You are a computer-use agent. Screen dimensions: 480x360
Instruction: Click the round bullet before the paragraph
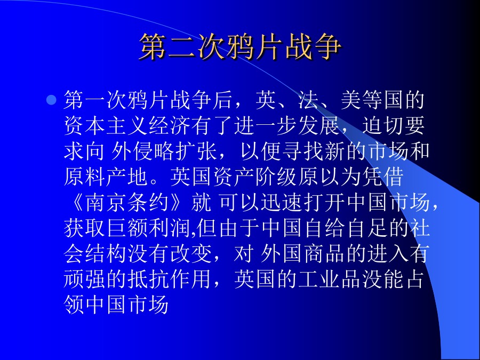(x=51, y=100)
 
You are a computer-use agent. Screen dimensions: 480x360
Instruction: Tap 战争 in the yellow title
(x=313, y=47)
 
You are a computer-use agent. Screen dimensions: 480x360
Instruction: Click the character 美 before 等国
(x=351, y=100)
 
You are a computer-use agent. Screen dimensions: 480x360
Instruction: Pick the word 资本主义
(x=106, y=126)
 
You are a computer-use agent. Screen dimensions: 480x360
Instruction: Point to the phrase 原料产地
(x=106, y=177)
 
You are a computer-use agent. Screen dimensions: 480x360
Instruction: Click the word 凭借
(x=382, y=177)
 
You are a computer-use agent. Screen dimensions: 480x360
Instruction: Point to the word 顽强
(x=85, y=280)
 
